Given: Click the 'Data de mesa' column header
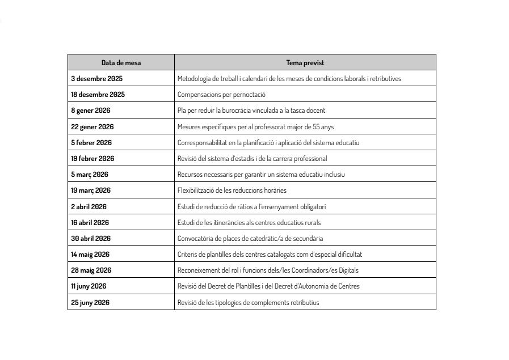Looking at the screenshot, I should click(x=121, y=62).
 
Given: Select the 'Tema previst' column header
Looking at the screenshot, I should click(x=305, y=62).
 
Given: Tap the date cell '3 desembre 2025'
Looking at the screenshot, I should click(x=96, y=78).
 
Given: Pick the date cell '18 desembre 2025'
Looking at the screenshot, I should click(x=98, y=94).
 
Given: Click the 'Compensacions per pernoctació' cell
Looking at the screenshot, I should click(x=221, y=95).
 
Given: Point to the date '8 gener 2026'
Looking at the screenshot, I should click(x=90, y=110).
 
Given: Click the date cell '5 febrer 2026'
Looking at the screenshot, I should click(x=91, y=142).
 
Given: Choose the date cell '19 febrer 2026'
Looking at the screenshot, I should click(x=92, y=158).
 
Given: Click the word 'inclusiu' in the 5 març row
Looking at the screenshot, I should click(x=335, y=174).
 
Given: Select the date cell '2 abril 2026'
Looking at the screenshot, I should click(x=89, y=206).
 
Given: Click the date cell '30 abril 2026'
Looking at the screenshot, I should click(x=91, y=238).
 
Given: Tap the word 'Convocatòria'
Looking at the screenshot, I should click(x=194, y=238).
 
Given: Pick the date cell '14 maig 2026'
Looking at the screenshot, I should click(x=90, y=254).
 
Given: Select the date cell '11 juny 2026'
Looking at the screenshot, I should click(x=89, y=286).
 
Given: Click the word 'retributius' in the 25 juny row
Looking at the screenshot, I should click(x=304, y=302).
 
